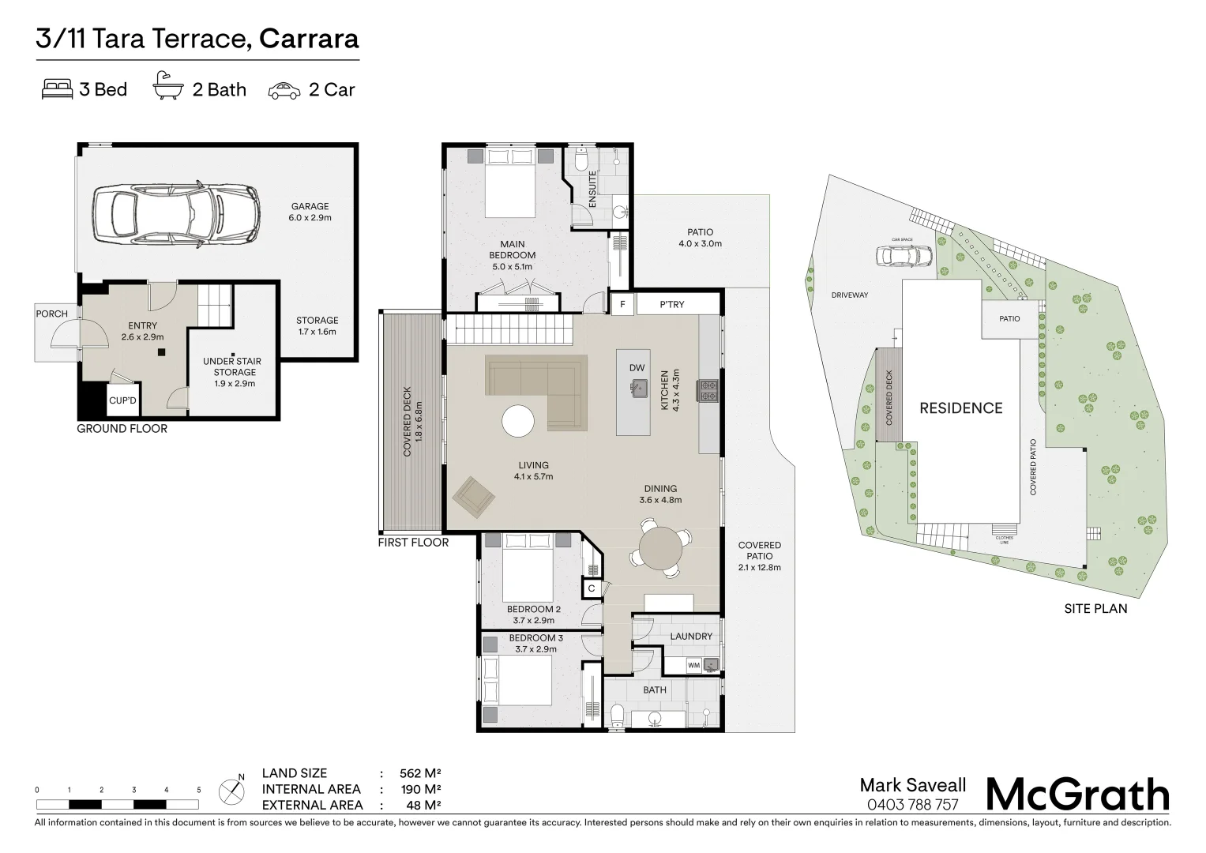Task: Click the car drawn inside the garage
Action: [x=176, y=214]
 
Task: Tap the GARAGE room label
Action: [x=310, y=206]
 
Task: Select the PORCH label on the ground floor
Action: [x=51, y=314]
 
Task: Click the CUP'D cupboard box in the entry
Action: [x=123, y=400]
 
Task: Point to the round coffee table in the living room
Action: [x=518, y=420]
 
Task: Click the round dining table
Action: [x=660, y=549]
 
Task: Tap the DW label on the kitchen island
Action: [x=637, y=368]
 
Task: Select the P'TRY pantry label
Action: [x=672, y=304]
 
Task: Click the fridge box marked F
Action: [x=623, y=304]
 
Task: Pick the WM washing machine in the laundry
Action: [x=694, y=665]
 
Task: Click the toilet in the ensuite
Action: [x=581, y=160]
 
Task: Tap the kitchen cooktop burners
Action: [x=708, y=391]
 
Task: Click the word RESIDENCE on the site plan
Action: [x=961, y=408]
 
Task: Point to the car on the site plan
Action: [x=904, y=256]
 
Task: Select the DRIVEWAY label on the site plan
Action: [x=850, y=295]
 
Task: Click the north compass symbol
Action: [x=232, y=791]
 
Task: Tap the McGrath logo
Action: [x=1078, y=795]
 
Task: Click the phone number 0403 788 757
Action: [x=913, y=805]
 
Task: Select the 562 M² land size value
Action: [x=420, y=773]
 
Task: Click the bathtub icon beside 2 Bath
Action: [x=168, y=86]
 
